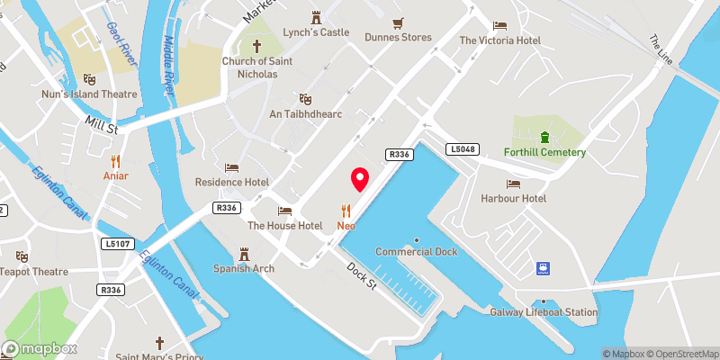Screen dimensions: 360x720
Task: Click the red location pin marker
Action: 360,179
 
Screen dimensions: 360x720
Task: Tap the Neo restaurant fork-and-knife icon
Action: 346,211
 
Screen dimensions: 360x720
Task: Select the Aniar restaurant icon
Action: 115,162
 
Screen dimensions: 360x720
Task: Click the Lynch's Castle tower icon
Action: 316,17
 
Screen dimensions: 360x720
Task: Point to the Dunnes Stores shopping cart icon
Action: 398,22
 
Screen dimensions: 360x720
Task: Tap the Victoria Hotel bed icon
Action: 499,25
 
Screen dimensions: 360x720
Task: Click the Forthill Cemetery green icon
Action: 544,138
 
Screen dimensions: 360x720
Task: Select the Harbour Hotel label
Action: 513,198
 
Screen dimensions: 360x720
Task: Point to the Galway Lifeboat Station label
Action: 544,312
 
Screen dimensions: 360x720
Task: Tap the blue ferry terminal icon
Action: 544,267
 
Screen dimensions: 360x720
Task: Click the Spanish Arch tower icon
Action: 243,253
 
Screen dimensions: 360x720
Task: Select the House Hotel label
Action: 284,225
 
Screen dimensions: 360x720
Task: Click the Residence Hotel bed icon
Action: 231,167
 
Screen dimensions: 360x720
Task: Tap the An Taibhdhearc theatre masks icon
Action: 306,99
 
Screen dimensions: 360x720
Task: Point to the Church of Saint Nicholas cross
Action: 256,46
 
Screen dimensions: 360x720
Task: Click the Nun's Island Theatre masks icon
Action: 89,79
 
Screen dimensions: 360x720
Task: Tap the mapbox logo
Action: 40,348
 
